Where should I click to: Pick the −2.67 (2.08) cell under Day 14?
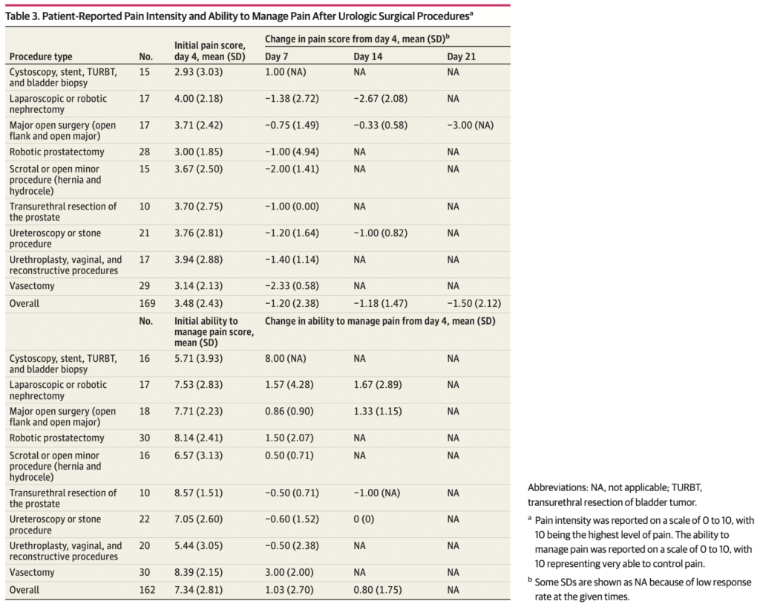pyautogui.click(x=380, y=98)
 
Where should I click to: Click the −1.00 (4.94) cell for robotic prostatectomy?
pyautogui.click(x=292, y=152)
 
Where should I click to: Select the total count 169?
pyautogui.click(x=146, y=303)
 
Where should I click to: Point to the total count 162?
pyautogui.click(x=146, y=590)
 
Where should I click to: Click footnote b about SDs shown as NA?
pyautogui.click(x=642, y=588)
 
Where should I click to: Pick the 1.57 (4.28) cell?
pyautogui.click(x=289, y=385)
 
